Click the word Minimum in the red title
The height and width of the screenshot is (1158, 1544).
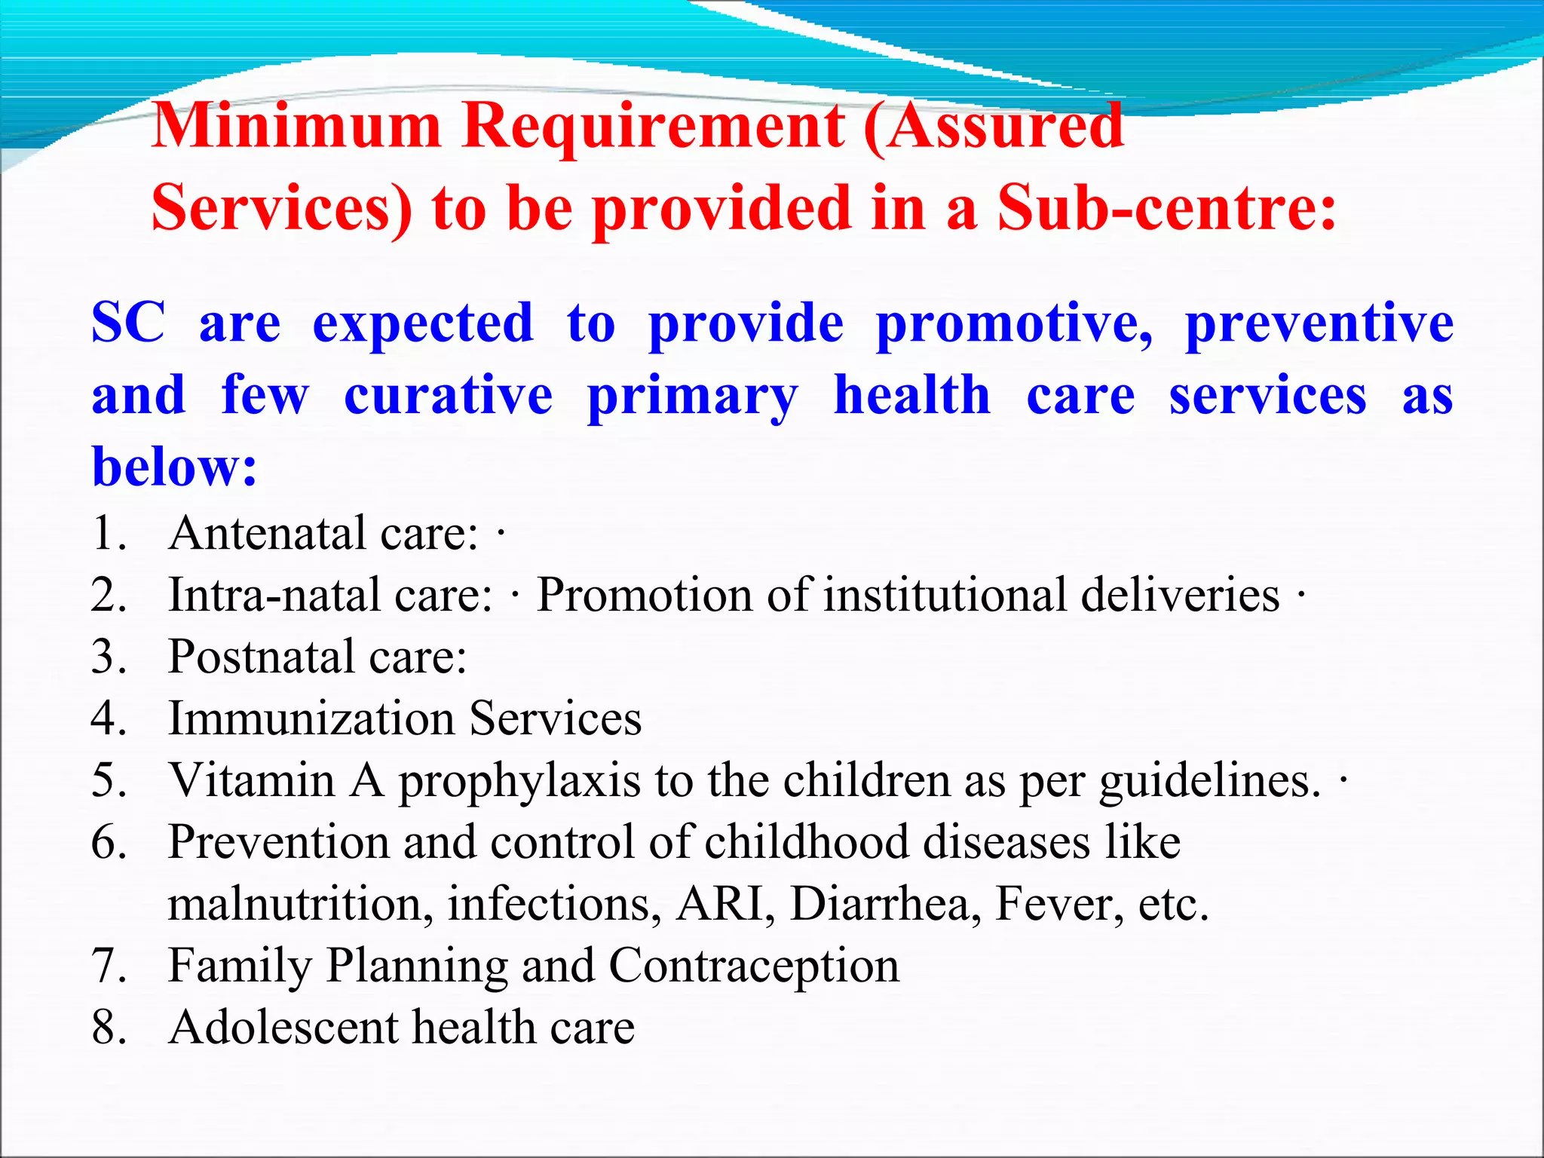point(296,125)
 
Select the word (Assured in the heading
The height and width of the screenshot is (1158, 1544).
point(994,125)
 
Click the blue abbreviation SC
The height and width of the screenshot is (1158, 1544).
point(128,323)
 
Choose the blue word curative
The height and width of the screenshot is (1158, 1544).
point(448,395)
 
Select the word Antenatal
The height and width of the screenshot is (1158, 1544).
point(268,534)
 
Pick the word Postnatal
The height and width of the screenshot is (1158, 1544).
point(261,657)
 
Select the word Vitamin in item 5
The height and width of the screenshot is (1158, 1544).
point(252,780)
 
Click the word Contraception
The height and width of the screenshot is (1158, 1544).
point(754,966)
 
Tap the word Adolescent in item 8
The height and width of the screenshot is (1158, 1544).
point(283,1028)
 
